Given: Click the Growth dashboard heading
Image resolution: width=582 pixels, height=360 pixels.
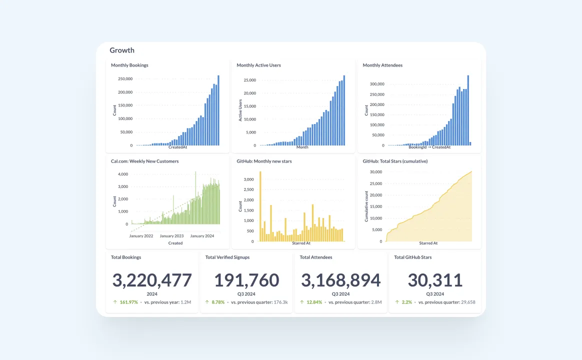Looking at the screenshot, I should tap(122, 50).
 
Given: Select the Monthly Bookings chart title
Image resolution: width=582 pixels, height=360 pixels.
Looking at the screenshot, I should tap(129, 65).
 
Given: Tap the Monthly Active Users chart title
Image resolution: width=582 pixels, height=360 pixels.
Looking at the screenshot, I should tap(258, 65).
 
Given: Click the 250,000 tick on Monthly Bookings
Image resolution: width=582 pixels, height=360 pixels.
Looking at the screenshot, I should tap(124, 79).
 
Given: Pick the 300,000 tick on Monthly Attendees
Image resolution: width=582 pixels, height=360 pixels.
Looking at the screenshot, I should tap(376, 84).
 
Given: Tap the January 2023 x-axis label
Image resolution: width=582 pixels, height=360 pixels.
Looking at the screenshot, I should tap(171, 236).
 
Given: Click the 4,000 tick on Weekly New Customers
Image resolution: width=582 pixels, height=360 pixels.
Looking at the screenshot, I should tap(123, 174).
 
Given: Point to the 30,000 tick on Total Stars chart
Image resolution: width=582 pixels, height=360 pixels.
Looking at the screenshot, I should tap(375, 172).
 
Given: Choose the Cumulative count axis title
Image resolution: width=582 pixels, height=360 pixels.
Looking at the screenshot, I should tap(366, 206).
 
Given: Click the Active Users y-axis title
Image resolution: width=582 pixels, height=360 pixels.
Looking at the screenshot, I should tap(240, 110).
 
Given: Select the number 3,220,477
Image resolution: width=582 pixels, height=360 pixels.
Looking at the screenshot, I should tap(152, 280).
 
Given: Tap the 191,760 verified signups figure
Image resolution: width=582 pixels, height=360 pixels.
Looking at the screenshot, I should tap(246, 280).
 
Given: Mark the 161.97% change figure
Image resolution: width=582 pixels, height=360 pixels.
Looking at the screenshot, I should tap(128, 302).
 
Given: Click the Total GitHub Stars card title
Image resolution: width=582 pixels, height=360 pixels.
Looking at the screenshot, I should tap(412, 257).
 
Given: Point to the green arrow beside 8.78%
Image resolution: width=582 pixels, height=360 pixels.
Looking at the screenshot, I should tap(207, 302).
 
